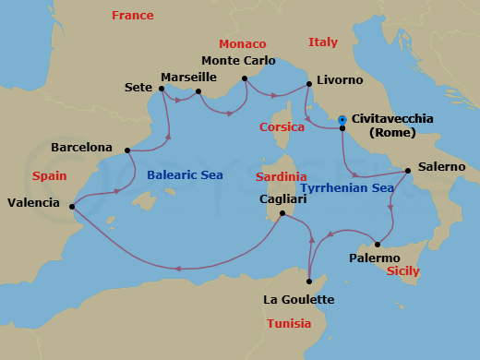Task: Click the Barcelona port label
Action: [81, 147]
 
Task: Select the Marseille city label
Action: [188, 77]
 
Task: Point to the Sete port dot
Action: [162, 89]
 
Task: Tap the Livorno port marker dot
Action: [307, 85]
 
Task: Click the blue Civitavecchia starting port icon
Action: [342, 118]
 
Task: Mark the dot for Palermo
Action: [378, 245]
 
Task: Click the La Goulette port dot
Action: [309, 282]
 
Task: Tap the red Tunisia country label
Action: [288, 323]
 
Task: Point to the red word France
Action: [131, 16]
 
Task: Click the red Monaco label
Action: [242, 43]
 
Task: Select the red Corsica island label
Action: [282, 127]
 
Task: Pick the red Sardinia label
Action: [282, 175]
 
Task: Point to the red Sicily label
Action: [402, 271]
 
